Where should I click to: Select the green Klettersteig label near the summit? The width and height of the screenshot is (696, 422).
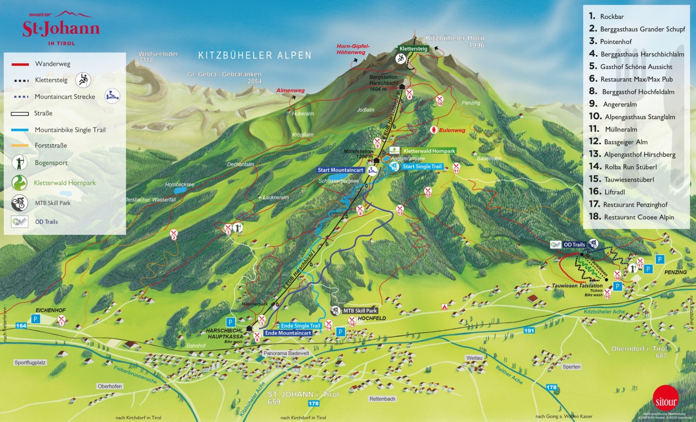(413, 49)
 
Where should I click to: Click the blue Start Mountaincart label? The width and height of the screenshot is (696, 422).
(341, 170)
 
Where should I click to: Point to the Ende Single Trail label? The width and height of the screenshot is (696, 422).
(300, 326)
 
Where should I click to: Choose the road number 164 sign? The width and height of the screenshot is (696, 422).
(21, 325)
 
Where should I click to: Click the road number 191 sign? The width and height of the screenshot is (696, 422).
(529, 331)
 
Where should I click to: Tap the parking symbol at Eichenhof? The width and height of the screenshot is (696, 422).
(36, 319)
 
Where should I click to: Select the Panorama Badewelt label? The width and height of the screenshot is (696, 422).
(286, 353)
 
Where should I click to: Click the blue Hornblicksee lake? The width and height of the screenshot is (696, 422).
(180, 190)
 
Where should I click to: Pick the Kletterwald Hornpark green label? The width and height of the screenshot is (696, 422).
(429, 151)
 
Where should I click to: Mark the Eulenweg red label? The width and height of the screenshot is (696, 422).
(452, 130)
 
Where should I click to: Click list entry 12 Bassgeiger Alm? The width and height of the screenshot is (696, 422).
(625, 142)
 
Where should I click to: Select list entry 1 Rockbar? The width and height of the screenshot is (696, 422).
(612, 16)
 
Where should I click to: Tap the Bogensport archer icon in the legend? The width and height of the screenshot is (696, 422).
(19, 163)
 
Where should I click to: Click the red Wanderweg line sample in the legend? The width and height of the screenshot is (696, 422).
(20, 64)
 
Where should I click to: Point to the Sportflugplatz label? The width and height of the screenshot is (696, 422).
(30, 363)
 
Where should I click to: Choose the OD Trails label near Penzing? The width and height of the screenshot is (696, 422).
(574, 245)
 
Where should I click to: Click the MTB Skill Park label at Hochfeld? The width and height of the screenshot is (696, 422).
(360, 311)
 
